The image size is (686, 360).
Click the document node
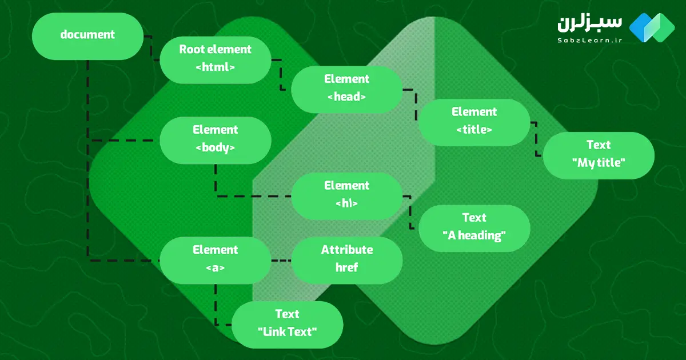click(x=87, y=35)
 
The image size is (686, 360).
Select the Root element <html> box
click(x=215, y=58)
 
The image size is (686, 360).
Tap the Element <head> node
click(x=346, y=88)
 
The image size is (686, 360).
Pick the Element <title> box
click(x=474, y=121)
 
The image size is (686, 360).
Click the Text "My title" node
click(x=598, y=154)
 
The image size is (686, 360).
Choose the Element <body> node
click(x=215, y=139)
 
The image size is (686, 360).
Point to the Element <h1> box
click(x=346, y=194)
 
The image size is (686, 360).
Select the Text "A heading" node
click(x=474, y=227)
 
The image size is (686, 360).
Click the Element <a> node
click(x=215, y=259)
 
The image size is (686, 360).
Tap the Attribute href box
click(x=346, y=259)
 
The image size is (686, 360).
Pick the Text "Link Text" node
click(x=287, y=323)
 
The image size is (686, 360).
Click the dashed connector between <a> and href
click(x=281, y=261)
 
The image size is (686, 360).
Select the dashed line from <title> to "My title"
click(x=536, y=139)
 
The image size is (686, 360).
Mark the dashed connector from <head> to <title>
click(x=416, y=103)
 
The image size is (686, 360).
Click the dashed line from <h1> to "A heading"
click(x=410, y=213)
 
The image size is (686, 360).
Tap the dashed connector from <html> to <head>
click(x=281, y=74)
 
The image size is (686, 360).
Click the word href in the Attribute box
click(x=346, y=267)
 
